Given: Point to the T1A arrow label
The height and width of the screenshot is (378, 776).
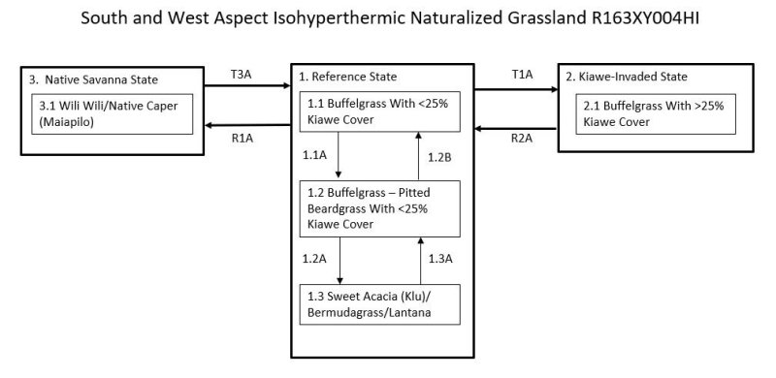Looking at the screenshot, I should point(522,74).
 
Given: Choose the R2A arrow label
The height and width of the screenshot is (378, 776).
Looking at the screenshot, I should point(522,138).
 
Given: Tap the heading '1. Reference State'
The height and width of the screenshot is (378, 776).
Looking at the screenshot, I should point(347,77).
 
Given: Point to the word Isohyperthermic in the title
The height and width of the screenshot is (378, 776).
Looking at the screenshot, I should point(308,17).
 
